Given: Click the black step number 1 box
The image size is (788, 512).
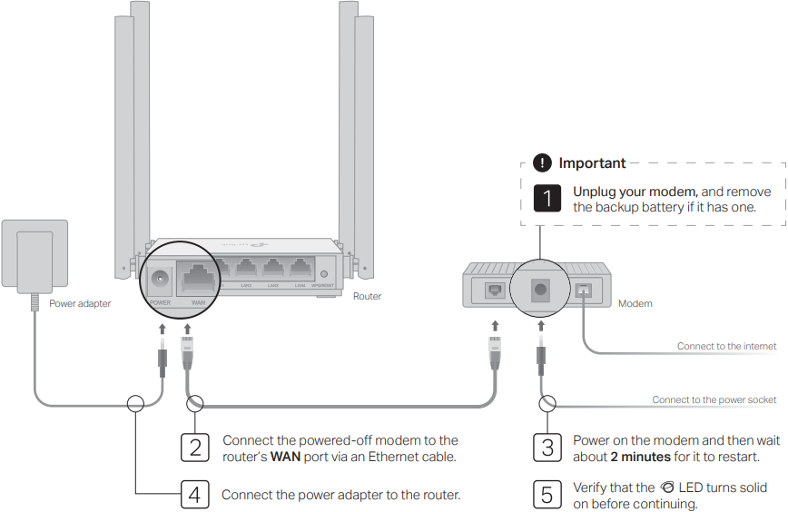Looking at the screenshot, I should (x=547, y=199).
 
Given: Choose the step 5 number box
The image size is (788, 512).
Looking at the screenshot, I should (x=547, y=495).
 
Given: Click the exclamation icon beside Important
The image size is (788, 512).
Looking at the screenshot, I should (x=542, y=163).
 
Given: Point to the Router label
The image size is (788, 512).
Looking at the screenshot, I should (x=367, y=296).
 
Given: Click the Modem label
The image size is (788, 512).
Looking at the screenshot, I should (x=635, y=303).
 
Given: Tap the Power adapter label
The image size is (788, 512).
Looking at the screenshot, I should (x=80, y=303).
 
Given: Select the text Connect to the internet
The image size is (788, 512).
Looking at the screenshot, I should (x=726, y=346).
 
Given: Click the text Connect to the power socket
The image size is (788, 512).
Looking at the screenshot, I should (x=714, y=399).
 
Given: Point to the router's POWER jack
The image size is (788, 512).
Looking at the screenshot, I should (x=162, y=279).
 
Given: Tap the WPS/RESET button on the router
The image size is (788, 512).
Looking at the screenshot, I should (x=324, y=273).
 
